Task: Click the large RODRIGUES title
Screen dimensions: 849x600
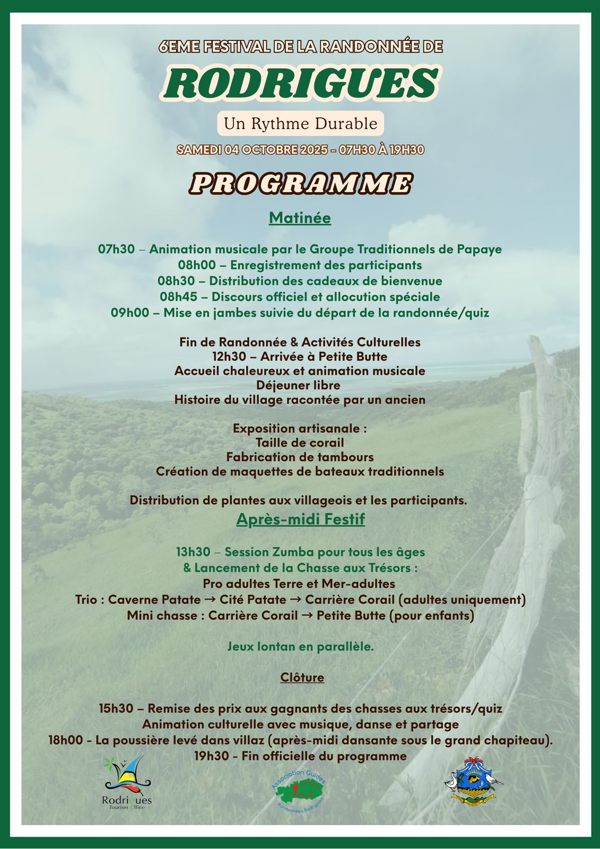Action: pyautogui.click(x=300, y=84)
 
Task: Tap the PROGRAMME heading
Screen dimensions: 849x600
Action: pyautogui.click(x=300, y=184)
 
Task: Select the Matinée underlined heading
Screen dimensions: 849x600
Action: pyautogui.click(x=300, y=218)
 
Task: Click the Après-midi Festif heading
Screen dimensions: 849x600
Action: pyautogui.click(x=300, y=519)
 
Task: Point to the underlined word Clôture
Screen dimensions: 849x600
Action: pyautogui.click(x=302, y=678)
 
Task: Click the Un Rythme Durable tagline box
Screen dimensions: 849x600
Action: pyautogui.click(x=300, y=124)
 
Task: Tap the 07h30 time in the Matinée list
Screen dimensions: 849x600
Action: pyautogui.click(x=116, y=249)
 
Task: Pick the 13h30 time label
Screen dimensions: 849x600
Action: pyautogui.click(x=193, y=552)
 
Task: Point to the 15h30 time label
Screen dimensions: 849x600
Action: pyautogui.click(x=116, y=709)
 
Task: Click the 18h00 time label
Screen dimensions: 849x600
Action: pyautogui.click(x=65, y=740)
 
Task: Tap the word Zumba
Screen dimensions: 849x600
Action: pyautogui.click(x=289, y=552)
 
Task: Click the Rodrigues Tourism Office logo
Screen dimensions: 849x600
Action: pyautogui.click(x=126, y=782)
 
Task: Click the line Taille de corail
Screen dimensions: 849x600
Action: pyautogui.click(x=300, y=443)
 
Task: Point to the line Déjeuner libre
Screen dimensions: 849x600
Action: pyautogui.click(x=298, y=385)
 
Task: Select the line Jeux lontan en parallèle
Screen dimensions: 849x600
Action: pyautogui.click(x=300, y=647)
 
